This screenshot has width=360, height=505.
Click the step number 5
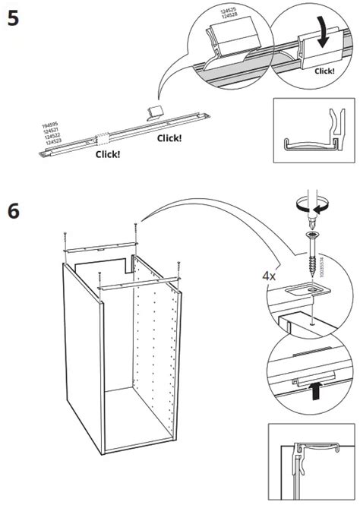tap(14, 18)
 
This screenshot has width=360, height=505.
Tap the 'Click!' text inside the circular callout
tap(324, 71)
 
